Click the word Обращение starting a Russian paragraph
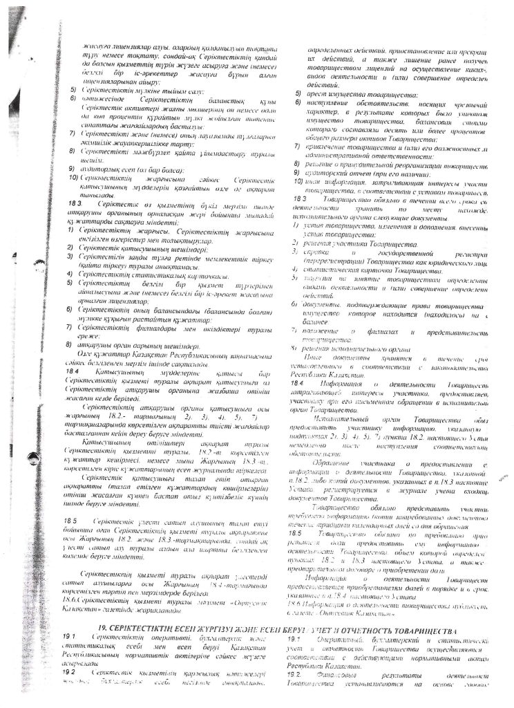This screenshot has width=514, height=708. click(x=334, y=462)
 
